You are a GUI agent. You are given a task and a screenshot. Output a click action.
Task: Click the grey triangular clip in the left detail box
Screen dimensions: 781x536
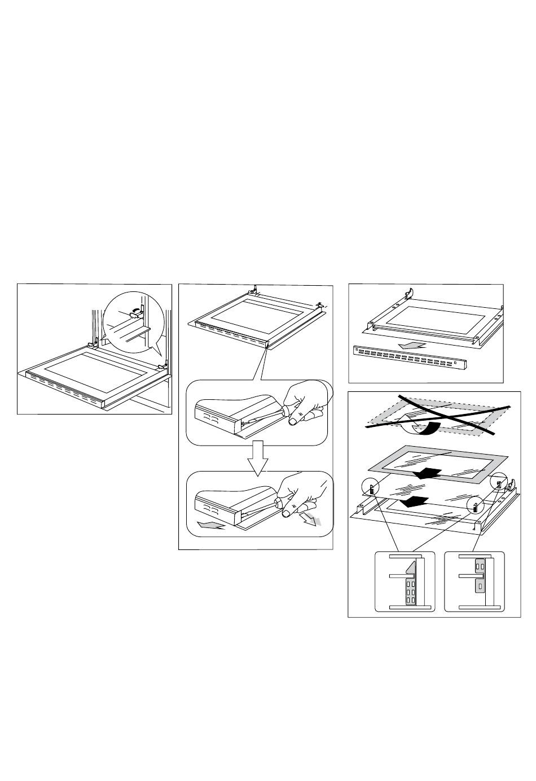tap(410, 582)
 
